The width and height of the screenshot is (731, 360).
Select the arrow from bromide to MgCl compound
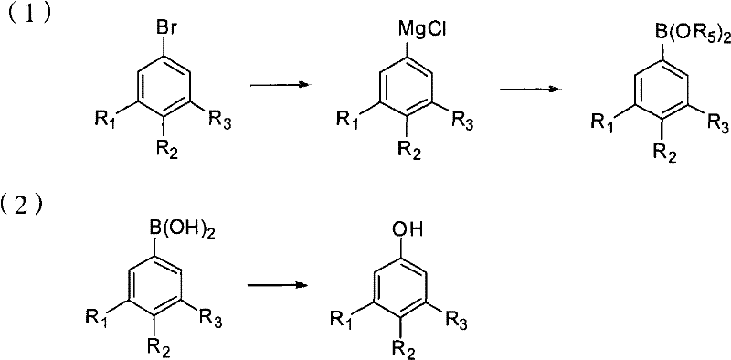(275, 85)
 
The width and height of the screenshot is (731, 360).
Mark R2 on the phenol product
(404, 346)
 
